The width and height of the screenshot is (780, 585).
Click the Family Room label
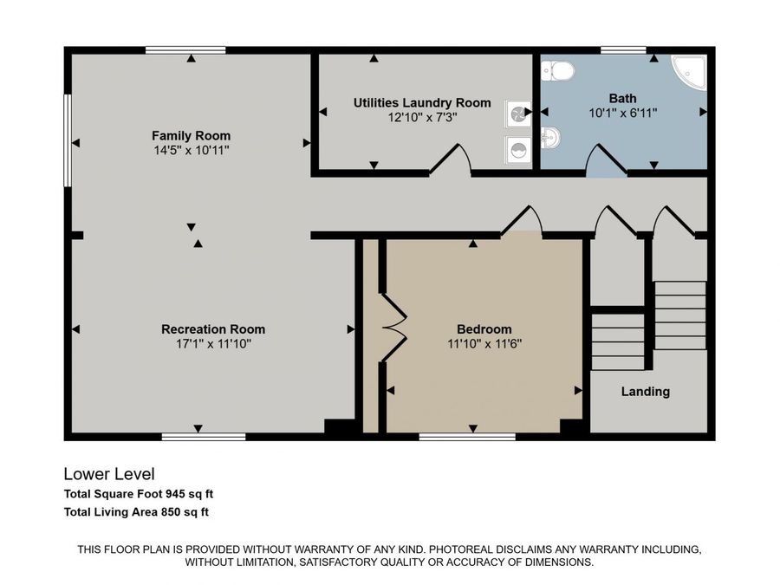(x=191, y=136)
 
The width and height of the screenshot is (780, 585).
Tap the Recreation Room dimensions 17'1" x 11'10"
(x=213, y=344)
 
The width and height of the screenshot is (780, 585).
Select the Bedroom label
(x=484, y=329)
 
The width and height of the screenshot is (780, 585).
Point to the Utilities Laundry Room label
(x=422, y=103)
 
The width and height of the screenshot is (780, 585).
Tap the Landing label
(x=645, y=392)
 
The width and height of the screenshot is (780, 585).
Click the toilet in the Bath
(x=555, y=70)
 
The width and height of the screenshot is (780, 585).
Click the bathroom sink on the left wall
(x=550, y=137)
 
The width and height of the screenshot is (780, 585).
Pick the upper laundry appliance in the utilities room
(x=518, y=113)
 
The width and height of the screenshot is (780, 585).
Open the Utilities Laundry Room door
(x=451, y=162)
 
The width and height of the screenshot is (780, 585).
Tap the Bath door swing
(x=607, y=161)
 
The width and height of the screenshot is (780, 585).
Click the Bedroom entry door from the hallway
(x=522, y=221)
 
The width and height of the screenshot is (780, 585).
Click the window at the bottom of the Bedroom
(x=467, y=437)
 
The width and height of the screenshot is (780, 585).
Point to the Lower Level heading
(x=109, y=474)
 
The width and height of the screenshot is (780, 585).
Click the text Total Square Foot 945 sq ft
(x=139, y=494)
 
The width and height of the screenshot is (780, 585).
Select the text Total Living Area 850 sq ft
(x=136, y=512)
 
